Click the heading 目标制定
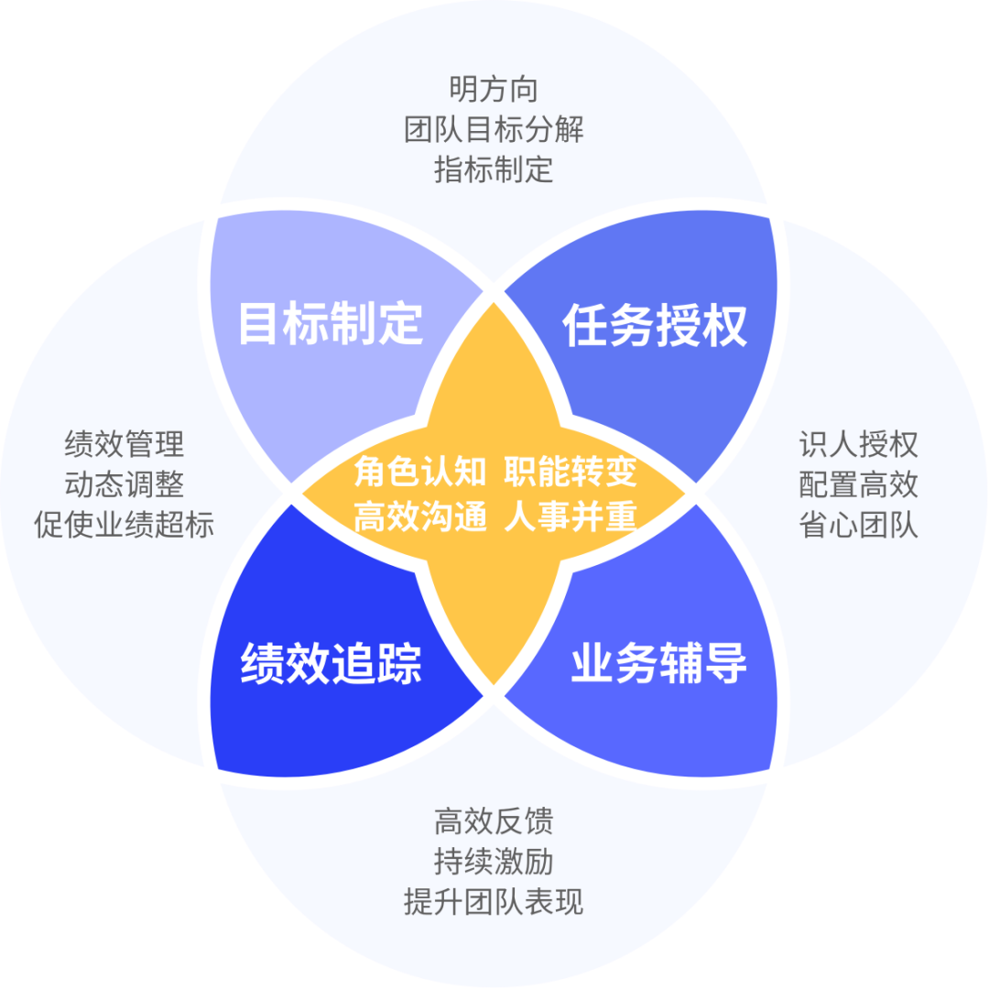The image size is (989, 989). click(331, 323)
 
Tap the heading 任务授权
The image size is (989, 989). click(655, 326)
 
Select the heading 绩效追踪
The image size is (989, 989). click(331, 663)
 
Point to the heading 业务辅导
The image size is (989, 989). click(658, 663)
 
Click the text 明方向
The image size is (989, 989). click(494, 90)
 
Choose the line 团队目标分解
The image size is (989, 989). click(494, 129)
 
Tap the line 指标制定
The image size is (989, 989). click(494, 169)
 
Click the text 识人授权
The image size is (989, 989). click(858, 445)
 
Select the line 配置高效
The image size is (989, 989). click(858, 485)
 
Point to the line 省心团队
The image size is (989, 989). click(858, 526)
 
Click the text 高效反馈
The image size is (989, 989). click(494, 821)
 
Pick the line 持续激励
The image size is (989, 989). click(494, 862)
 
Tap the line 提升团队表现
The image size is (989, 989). click(494, 902)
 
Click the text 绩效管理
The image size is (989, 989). click(125, 445)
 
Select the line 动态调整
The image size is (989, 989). click(125, 485)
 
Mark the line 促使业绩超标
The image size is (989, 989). click(125, 526)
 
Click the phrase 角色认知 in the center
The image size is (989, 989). click(420, 473)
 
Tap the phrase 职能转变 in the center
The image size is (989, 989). click(570, 473)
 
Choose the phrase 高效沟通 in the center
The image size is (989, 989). click(420, 518)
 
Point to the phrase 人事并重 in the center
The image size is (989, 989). click(570, 518)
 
